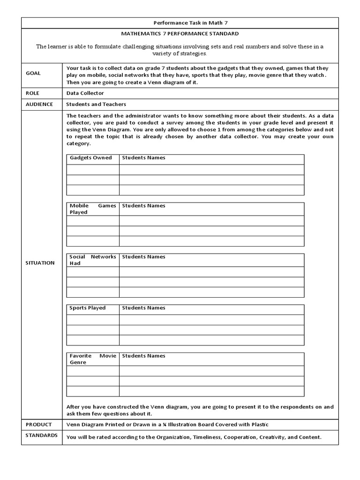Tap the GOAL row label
click(x=33, y=73)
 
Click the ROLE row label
click(x=32, y=93)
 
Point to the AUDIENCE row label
click(x=39, y=104)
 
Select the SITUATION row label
click(x=40, y=262)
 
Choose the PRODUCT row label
click(x=38, y=424)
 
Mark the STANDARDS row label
click(x=41, y=435)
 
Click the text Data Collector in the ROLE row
click(x=85, y=93)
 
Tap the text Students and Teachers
click(x=96, y=105)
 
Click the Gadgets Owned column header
click(x=91, y=158)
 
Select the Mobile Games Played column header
click(x=92, y=209)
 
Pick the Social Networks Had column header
click(x=92, y=260)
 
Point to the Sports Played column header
click(x=88, y=308)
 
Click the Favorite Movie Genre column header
click(x=92, y=359)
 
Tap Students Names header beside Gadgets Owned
click(x=143, y=158)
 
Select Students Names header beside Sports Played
click(x=143, y=308)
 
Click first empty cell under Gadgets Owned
click(x=93, y=170)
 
